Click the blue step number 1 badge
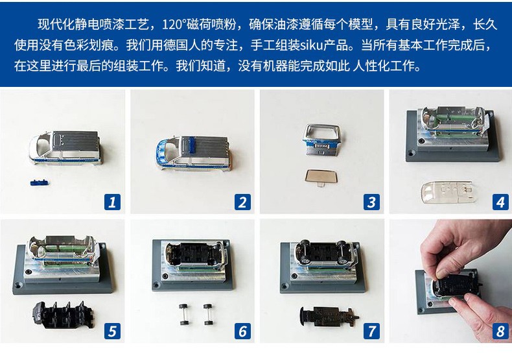coord(112,202)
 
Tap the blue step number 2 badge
coord(242,202)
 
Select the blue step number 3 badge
coord(371,202)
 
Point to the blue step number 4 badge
coord(500,202)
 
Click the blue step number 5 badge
coord(112,331)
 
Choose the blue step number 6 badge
coord(242,331)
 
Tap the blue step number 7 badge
coord(371,331)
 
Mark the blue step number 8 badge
coord(500,331)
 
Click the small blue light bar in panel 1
coord(39,182)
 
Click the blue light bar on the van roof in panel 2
coord(191,145)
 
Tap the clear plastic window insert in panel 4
coord(446,192)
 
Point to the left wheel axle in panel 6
coord(184,314)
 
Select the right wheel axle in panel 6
coord(208,314)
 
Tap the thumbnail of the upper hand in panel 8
coord(441,273)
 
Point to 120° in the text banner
coord(174,25)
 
